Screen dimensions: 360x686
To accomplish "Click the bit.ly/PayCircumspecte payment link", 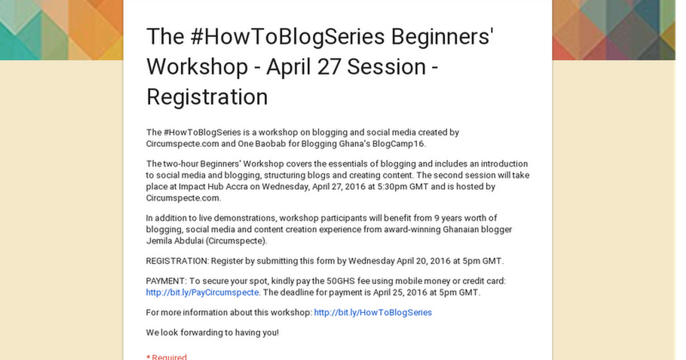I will tap(203, 293).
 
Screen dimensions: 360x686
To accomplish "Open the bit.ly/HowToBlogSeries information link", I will tap(373, 313).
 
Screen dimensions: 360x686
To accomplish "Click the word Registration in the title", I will tap(207, 97).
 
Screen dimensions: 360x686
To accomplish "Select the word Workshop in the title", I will tap(194, 66).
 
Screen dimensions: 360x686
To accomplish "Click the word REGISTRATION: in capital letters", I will tap(177, 261).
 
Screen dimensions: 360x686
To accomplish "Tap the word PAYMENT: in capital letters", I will tap(165, 281).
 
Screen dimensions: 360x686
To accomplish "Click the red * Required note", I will tap(166, 357).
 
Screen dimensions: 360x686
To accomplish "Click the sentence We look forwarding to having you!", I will tap(212, 332).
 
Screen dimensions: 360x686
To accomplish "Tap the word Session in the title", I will tap(386, 66).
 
